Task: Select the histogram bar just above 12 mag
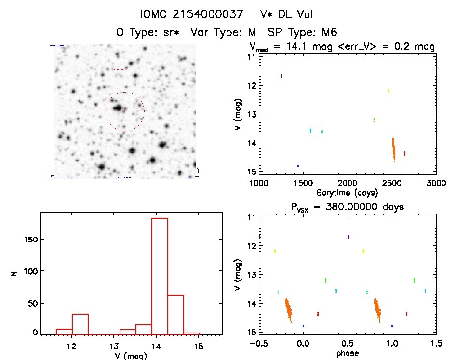80,324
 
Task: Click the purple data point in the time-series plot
281,76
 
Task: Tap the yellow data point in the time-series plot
388,91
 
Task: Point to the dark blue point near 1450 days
298,165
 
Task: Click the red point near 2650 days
405,153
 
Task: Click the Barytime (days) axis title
347,193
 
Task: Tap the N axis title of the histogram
15,273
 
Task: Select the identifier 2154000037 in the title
208,15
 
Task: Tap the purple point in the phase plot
348,236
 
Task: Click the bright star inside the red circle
117,108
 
